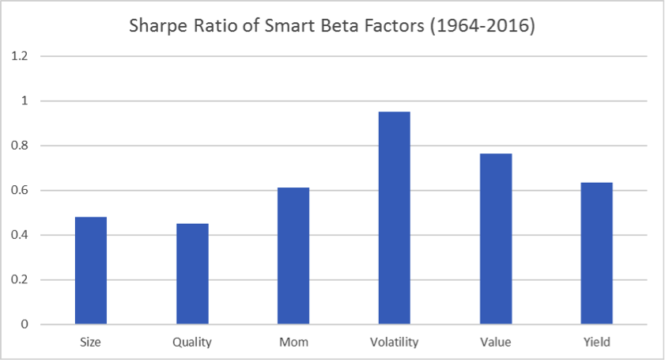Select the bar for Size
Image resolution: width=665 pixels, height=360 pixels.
pyautogui.click(x=91, y=271)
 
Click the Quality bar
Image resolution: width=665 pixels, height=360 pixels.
pyautogui.click(x=192, y=274)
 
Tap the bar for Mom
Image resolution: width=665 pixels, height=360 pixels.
pyautogui.click(x=293, y=256)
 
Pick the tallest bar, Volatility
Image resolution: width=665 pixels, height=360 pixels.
pyautogui.click(x=395, y=218)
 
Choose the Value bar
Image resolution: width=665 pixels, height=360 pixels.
pyautogui.click(x=496, y=239)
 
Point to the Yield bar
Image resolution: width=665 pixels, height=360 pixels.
pyautogui.click(x=597, y=253)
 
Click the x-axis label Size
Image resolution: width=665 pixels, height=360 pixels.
pyautogui.click(x=90, y=342)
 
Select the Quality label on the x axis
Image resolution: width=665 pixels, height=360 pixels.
pyautogui.click(x=192, y=343)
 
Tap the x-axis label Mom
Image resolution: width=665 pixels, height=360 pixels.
pyautogui.click(x=293, y=342)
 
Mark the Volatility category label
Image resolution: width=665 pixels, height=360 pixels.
pyautogui.click(x=395, y=342)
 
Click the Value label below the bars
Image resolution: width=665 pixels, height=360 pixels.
pyautogui.click(x=496, y=342)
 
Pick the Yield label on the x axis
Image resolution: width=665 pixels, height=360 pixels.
pyautogui.click(x=597, y=342)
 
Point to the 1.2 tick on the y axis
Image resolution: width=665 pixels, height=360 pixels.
pyautogui.click(x=20, y=56)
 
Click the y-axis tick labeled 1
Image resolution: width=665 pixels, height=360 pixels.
pyautogui.click(x=25, y=100)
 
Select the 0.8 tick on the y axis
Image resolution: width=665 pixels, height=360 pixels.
pyautogui.click(x=20, y=146)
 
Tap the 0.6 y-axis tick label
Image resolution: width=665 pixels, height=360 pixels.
pyautogui.click(x=20, y=190)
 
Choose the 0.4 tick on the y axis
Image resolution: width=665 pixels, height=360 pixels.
pyautogui.click(x=20, y=235)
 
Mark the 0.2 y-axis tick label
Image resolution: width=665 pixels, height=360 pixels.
pyautogui.click(x=20, y=280)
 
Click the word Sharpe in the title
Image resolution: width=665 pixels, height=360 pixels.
pyautogui.click(x=159, y=26)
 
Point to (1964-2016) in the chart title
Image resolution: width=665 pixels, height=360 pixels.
pyautogui.click(x=482, y=26)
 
